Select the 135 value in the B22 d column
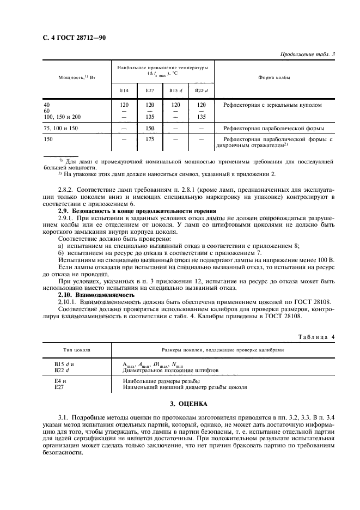(201, 116)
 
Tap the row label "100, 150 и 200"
(62, 116)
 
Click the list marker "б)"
(61, 252)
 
